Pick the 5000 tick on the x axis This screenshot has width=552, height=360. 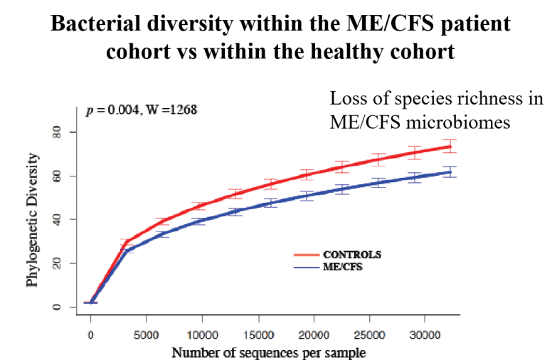(x=146, y=334)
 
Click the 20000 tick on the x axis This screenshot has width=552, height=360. (x=314, y=334)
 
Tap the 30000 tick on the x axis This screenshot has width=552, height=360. (x=425, y=334)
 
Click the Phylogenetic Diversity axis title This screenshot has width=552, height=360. (x=33, y=219)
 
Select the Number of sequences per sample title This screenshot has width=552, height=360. (x=268, y=351)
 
